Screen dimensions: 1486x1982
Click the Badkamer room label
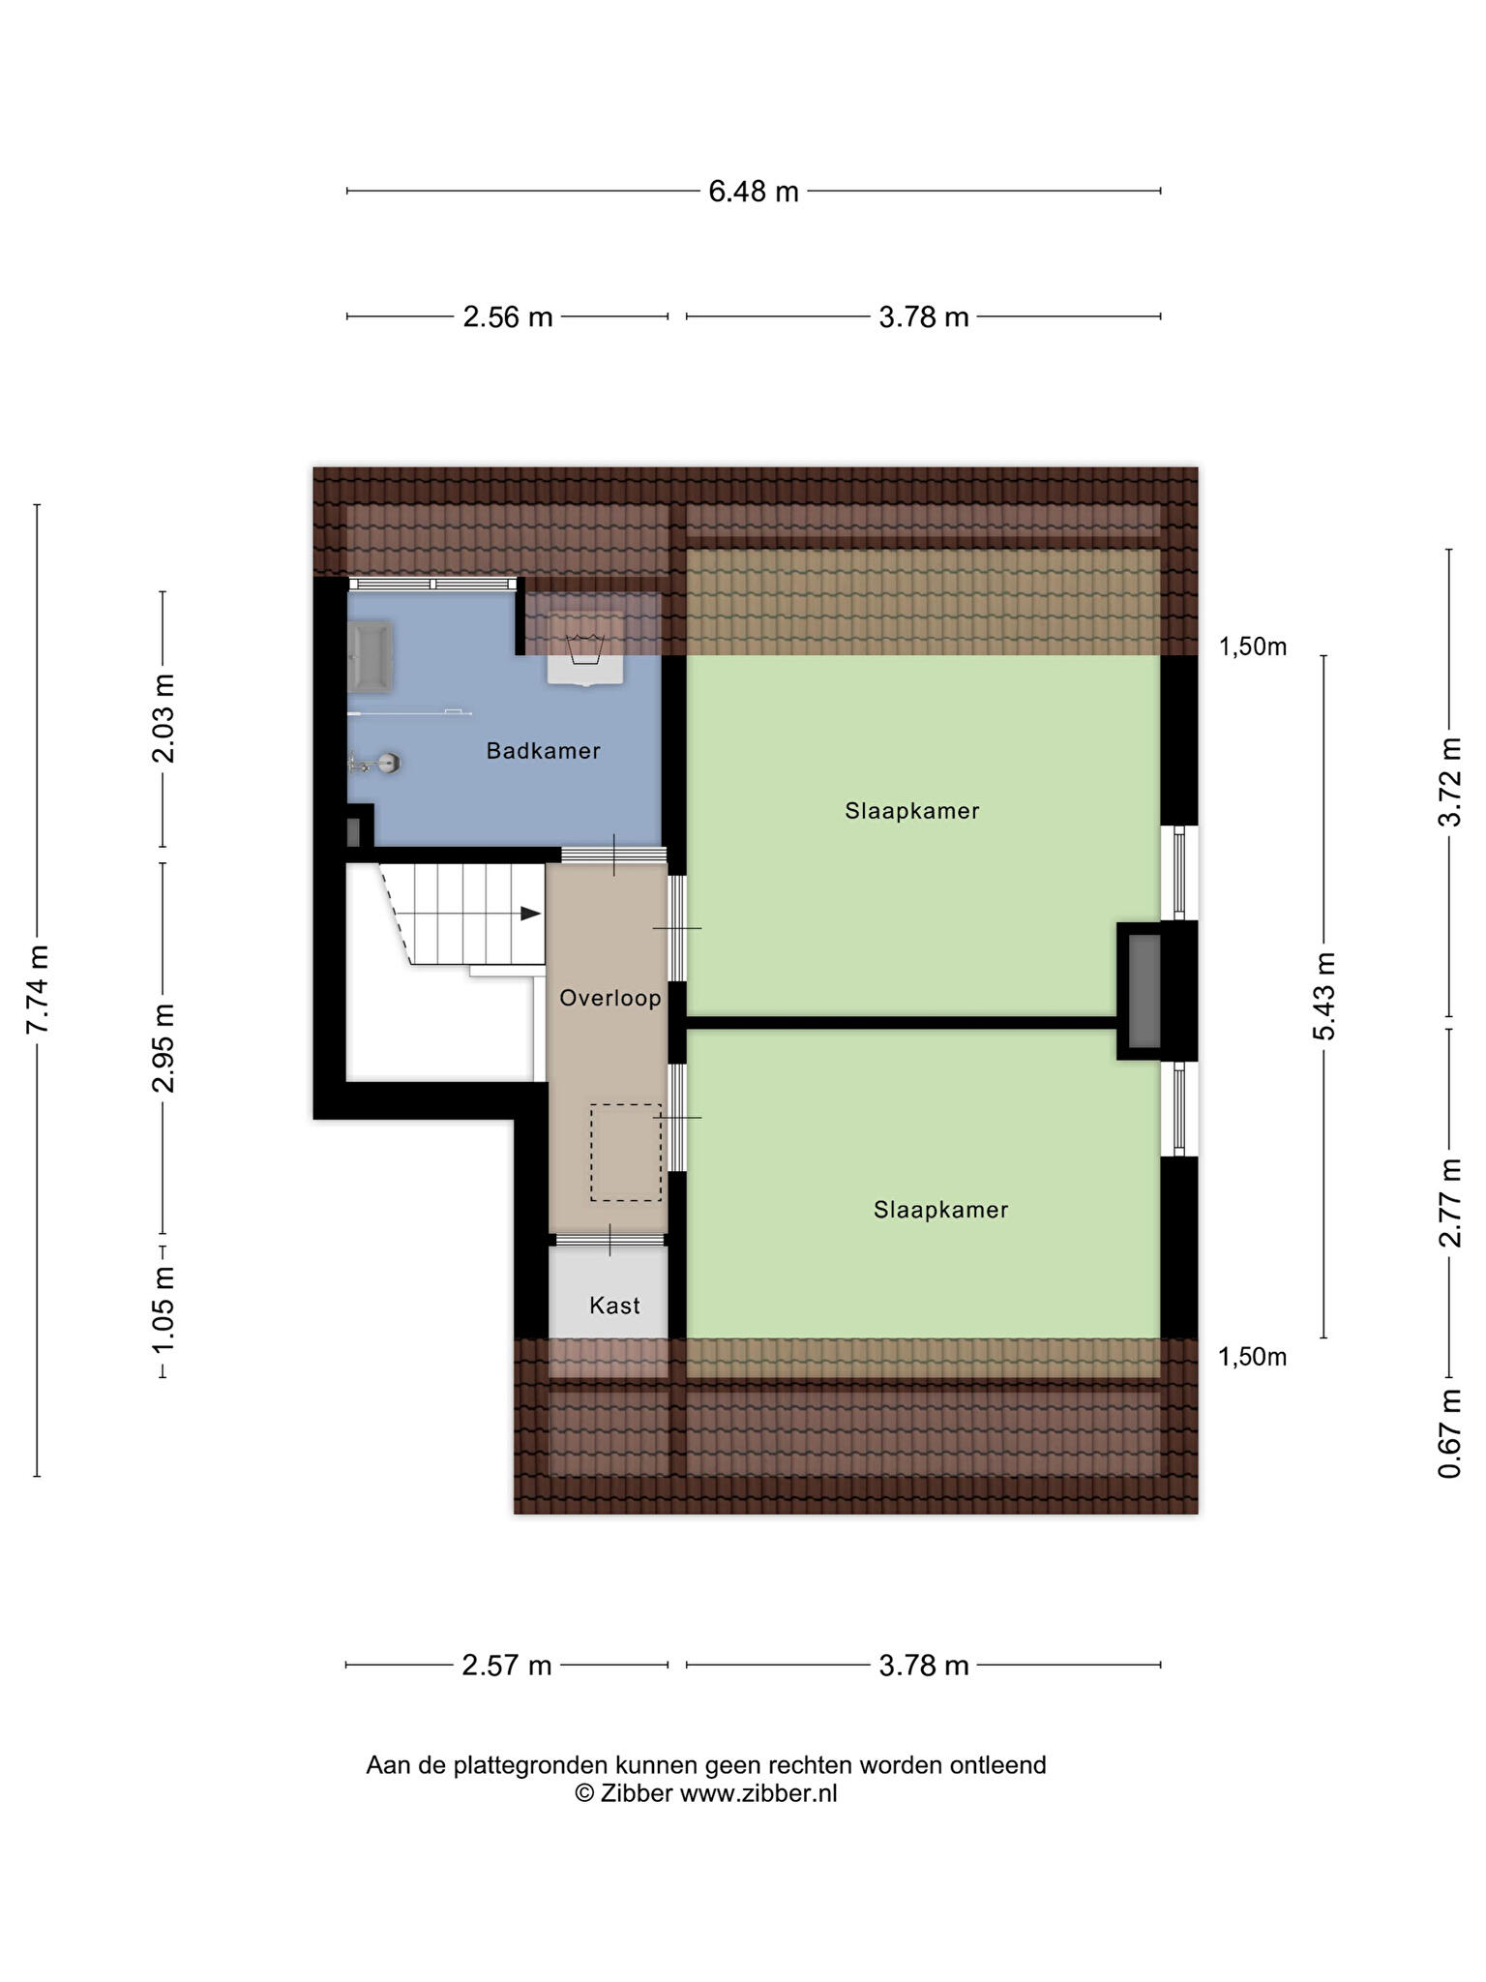543,751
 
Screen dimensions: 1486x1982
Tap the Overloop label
610,998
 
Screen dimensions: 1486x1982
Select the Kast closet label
614,1306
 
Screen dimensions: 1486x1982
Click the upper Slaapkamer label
911,811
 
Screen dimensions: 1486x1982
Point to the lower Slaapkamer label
940,1210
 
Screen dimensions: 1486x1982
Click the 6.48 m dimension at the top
754,192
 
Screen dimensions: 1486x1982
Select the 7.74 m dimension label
38,989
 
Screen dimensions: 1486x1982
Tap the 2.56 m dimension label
508,316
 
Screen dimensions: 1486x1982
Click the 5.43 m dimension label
1323,996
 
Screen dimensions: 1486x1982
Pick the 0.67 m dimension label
1449,1434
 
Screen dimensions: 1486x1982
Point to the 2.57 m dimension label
507,1666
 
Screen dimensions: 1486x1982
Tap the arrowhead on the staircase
530,913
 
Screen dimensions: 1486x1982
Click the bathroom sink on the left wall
371,657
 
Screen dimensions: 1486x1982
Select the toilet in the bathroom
375,764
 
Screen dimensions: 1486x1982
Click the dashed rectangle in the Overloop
626,1153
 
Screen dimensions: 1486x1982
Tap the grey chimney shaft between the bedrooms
1144,991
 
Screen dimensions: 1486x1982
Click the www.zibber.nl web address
758,1793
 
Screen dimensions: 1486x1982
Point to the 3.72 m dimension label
1449,782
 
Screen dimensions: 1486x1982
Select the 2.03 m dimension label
163,718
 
